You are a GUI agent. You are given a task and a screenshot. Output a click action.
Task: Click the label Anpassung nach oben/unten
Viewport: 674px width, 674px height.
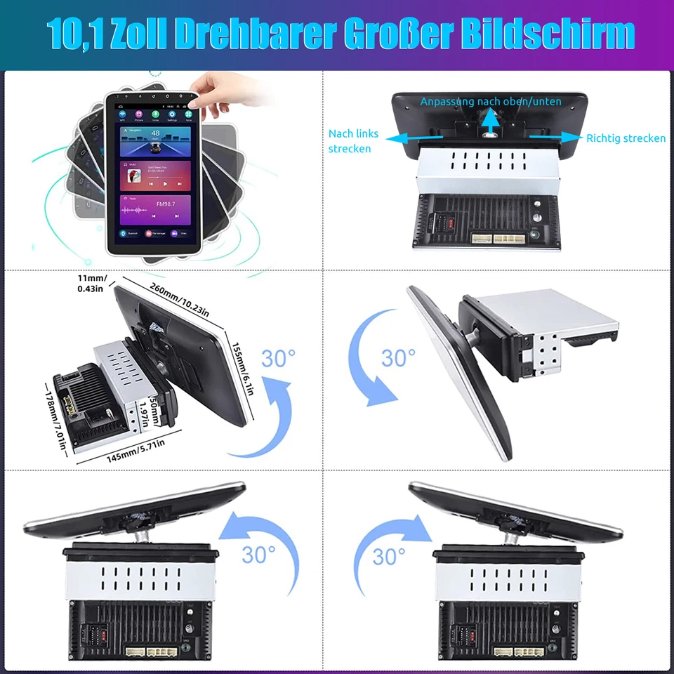[x=491, y=102]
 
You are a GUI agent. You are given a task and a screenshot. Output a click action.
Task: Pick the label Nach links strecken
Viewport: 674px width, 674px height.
[x=353, y=140]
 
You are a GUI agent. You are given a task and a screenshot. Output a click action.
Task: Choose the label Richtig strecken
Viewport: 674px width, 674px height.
[x=626, y=138]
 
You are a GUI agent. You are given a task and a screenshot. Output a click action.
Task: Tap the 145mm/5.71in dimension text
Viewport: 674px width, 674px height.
[x=136, y=449]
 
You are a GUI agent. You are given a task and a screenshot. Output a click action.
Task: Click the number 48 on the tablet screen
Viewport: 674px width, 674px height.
[x=155, y=133]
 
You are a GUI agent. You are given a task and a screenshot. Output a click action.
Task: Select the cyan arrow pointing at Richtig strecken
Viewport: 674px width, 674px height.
[x=555, y=138]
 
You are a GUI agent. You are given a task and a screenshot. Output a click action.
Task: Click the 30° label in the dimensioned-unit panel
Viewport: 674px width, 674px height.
[x=279, y=358]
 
